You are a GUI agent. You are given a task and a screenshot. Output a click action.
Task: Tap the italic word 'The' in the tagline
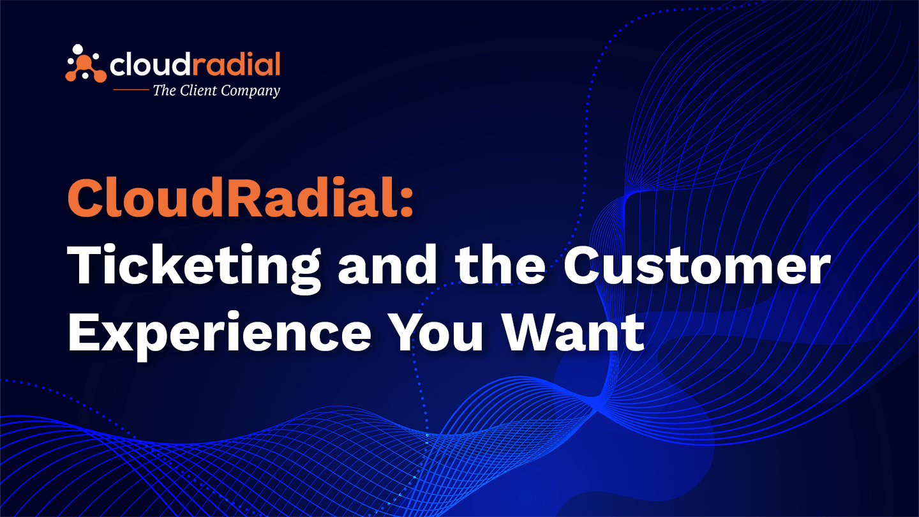coord(164,90)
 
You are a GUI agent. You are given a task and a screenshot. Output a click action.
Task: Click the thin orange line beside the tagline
coord(131,89)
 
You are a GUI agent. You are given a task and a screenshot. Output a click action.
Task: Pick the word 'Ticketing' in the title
coord(193,267)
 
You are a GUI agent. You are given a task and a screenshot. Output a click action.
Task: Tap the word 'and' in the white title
coord(388,265)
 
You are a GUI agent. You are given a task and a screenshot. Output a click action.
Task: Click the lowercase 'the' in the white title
coord(500,265)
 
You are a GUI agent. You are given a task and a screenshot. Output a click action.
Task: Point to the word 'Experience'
coord(220,334)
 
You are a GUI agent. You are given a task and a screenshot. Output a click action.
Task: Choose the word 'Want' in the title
coord(574,331)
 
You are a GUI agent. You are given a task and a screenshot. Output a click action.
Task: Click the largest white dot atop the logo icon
coord(78,49)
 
